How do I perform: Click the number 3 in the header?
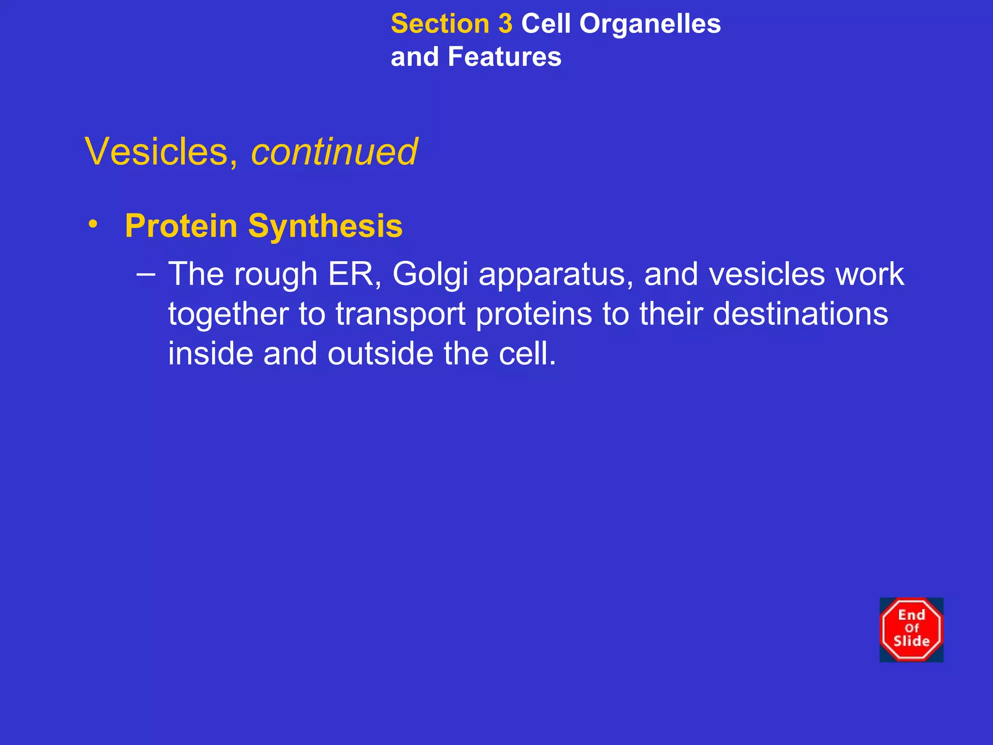pos(505,24)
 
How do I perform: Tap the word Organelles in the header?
pos(650,24)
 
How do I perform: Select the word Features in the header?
pos(504,57)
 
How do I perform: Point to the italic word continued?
pos(334,152)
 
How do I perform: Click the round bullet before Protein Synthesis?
pos(93,224)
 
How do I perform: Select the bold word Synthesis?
pos(325,226)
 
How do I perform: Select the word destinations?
pos(801,314)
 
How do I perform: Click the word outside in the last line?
pos(380,354)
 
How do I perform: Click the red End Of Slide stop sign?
pos(911,630)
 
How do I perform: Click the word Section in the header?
pos(440,24)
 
